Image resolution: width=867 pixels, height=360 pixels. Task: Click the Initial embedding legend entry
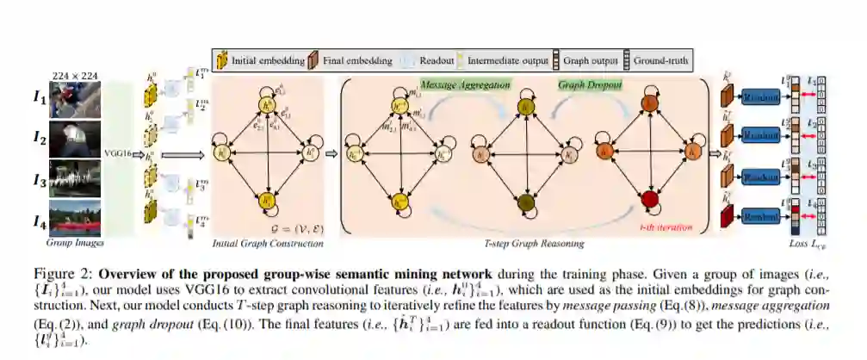(x=263, y=61)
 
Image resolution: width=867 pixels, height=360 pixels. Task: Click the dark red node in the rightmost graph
(x=647, y=200)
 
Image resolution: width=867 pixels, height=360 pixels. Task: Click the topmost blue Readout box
(x=761, y=97)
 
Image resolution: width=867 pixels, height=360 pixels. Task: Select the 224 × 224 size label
(x=81, y=74)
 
